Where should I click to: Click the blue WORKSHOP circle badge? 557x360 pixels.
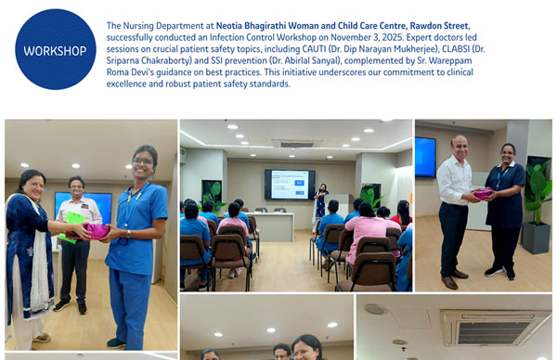pos(56,49)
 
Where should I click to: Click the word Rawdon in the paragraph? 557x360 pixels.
pos(424,25)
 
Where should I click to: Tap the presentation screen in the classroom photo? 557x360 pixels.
pos(289,184)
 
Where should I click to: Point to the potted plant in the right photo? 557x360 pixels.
pos(538,204)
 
